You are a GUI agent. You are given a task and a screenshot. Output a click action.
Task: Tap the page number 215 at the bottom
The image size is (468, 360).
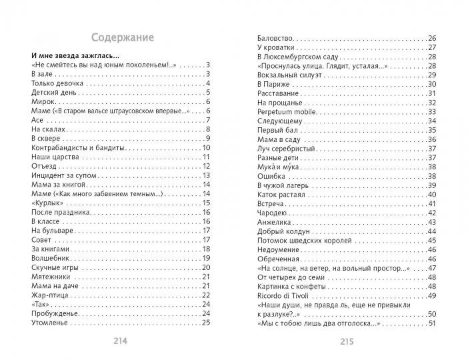(346, 341)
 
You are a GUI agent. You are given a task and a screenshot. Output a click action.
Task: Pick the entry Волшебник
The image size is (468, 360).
(51, 258)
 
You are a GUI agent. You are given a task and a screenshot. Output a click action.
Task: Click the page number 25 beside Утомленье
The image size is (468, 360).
(206, 323)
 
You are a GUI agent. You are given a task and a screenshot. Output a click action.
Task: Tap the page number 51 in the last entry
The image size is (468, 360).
(431, 323)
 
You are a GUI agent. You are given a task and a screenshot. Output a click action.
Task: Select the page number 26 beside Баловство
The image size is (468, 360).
(431, 38)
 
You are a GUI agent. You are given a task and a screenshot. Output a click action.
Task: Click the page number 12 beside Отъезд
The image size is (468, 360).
(207, 166)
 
